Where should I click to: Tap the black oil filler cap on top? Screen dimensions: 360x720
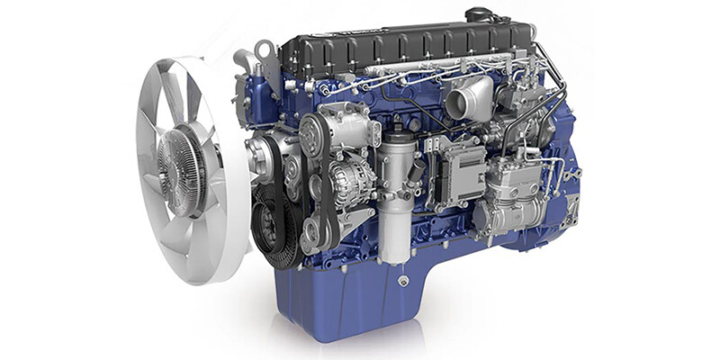(478, 15)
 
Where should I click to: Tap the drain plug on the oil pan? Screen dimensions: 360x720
(402, 282)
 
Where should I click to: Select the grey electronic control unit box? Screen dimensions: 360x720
(458, 171)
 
